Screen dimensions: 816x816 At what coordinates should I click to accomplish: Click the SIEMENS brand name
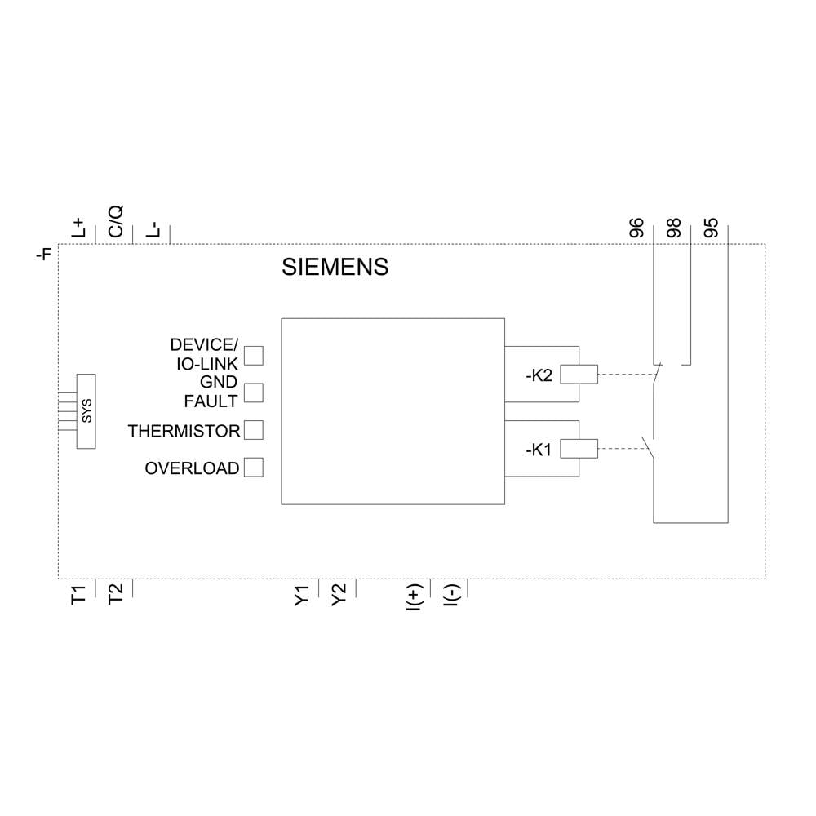pos(335,267)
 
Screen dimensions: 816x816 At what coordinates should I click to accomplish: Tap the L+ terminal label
pos(79,227)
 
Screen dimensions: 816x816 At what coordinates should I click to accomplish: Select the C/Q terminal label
pos(116,221)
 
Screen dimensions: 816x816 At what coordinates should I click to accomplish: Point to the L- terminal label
pos(153,228)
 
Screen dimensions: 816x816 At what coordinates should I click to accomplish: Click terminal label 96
pos(637,227)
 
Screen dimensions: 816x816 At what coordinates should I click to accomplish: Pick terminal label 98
pos(673,227)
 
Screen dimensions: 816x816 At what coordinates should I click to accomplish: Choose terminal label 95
pos(711,227)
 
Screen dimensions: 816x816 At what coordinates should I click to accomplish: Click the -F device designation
pos(44,255)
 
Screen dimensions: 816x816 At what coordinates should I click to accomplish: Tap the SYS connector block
pos(86,410)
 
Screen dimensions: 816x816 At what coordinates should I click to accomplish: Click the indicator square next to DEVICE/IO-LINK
pos(255,355)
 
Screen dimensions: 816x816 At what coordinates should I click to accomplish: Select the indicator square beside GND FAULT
pos(255,392)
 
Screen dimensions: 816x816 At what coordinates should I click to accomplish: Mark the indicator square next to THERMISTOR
pos(255,429)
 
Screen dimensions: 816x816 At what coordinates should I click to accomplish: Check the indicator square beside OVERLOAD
pos(255,468)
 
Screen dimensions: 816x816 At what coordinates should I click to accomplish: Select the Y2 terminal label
pos(339,594)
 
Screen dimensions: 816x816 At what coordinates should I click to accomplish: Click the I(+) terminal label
pos(413,596)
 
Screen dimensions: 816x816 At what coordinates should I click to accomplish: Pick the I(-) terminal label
pos(450,596)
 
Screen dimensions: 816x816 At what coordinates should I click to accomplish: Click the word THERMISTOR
pos(184,431)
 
